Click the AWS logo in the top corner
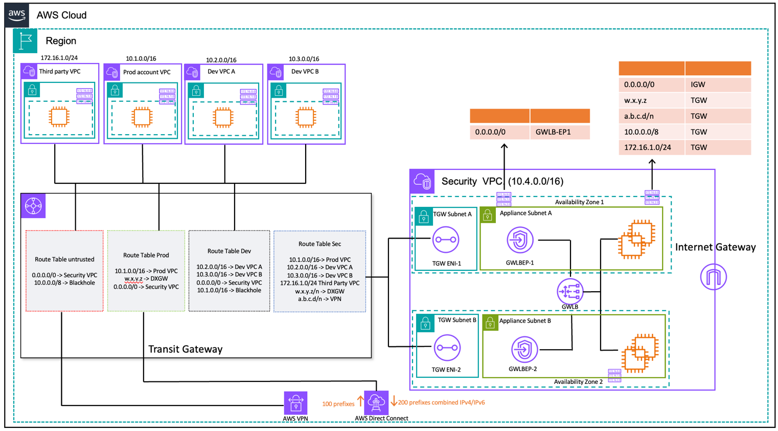coord(16,15)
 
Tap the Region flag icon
coord(25,41)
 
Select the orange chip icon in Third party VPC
coord(59,117)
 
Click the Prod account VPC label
coord(147,72)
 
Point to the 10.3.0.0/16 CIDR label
coord(304,59)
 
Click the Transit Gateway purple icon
coord(33,206)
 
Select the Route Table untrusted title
coord(64,260)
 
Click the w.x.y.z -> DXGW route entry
coord(146,279)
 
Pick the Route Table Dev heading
coord(229,251)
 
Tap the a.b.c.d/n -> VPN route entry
coord(319,299)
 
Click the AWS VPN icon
coord(295,403)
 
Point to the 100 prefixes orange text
coord(338,404)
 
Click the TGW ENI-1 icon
coord(446,240)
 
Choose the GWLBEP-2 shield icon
coord(524,349)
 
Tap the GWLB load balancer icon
coord(569,291)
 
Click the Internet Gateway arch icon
coord(713,277)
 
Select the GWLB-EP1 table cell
coord(559,132)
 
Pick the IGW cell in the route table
coord(718,85)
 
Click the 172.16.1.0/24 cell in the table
coord(651,147)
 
